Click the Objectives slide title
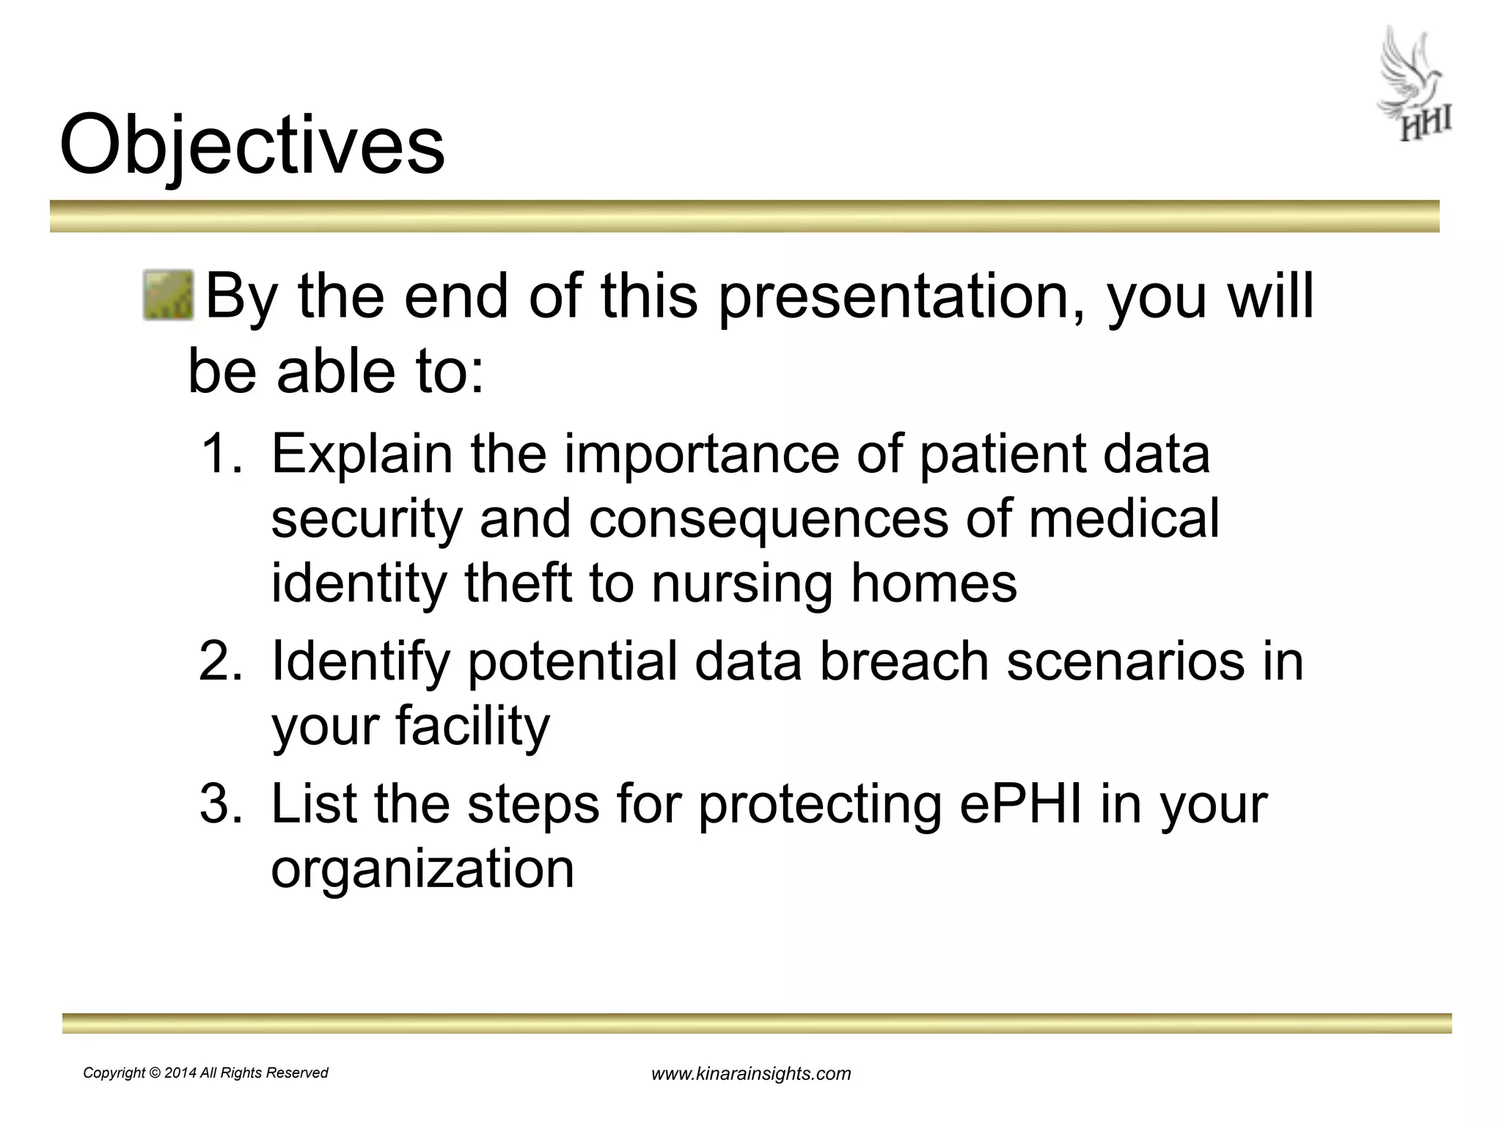click(252, 144)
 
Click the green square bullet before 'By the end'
click(168, 295)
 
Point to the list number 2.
click(220, 660)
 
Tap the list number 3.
click(220, 803)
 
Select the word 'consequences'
click(768, 518)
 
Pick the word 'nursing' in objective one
click(741, 584)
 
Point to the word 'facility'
click(472, 726)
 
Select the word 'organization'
click(422, 869)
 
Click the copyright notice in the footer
click(205, 1072)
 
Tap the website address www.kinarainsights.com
click(751, 1074)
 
